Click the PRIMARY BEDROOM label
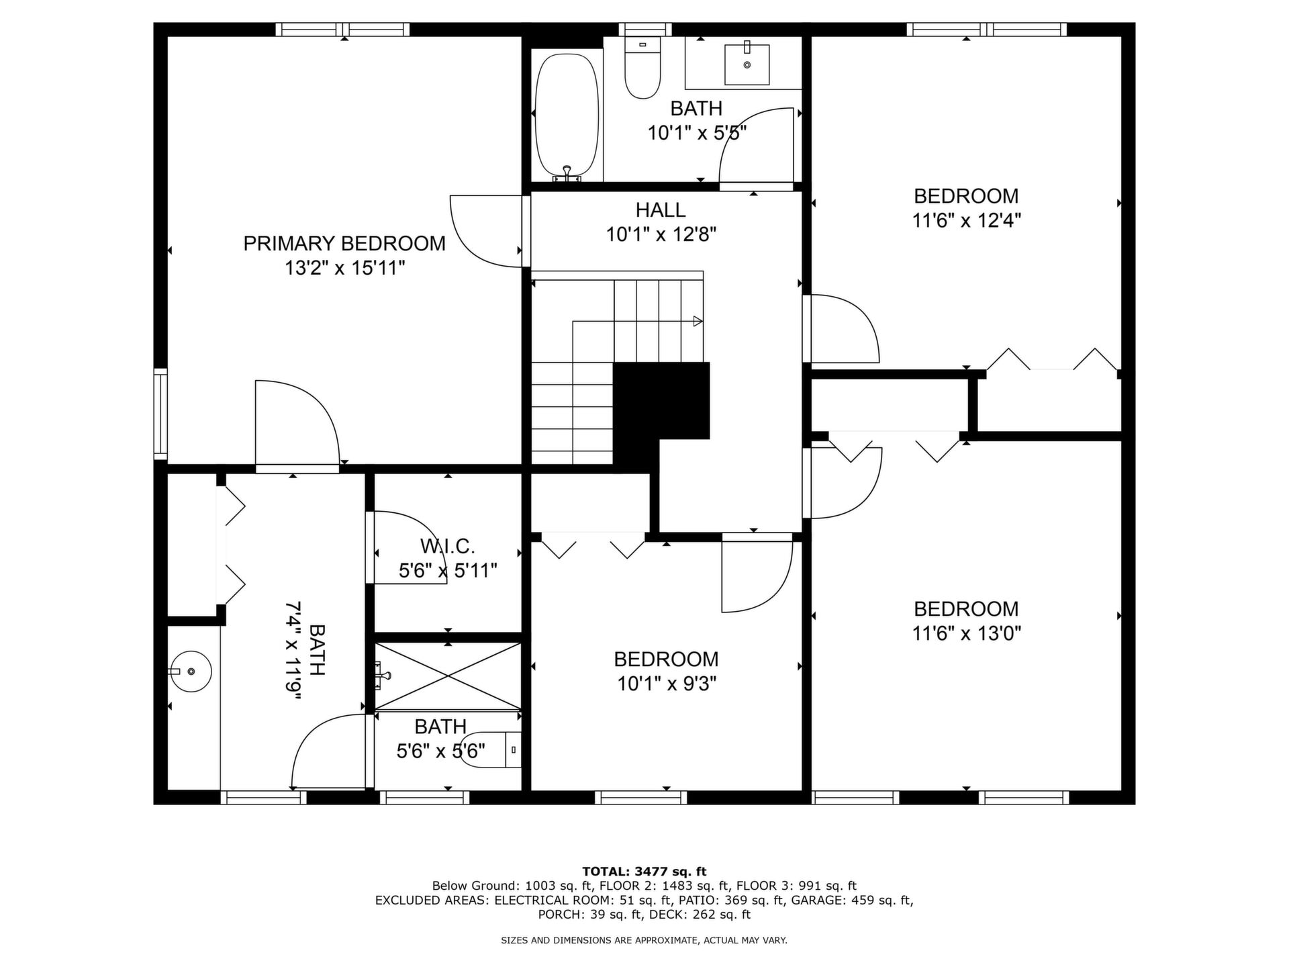click(344, 243)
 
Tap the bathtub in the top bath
click(567, 114)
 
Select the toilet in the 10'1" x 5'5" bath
click(642, 68)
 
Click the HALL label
click(661, 210)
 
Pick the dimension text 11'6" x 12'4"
click(966, 221)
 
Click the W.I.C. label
click(448, 546)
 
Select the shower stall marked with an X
click(448, 676)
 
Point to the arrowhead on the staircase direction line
click(698, 322)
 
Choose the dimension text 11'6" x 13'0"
click(966, 633)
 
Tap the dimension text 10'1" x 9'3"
click(667, 684)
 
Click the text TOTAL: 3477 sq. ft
click(644, 872)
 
